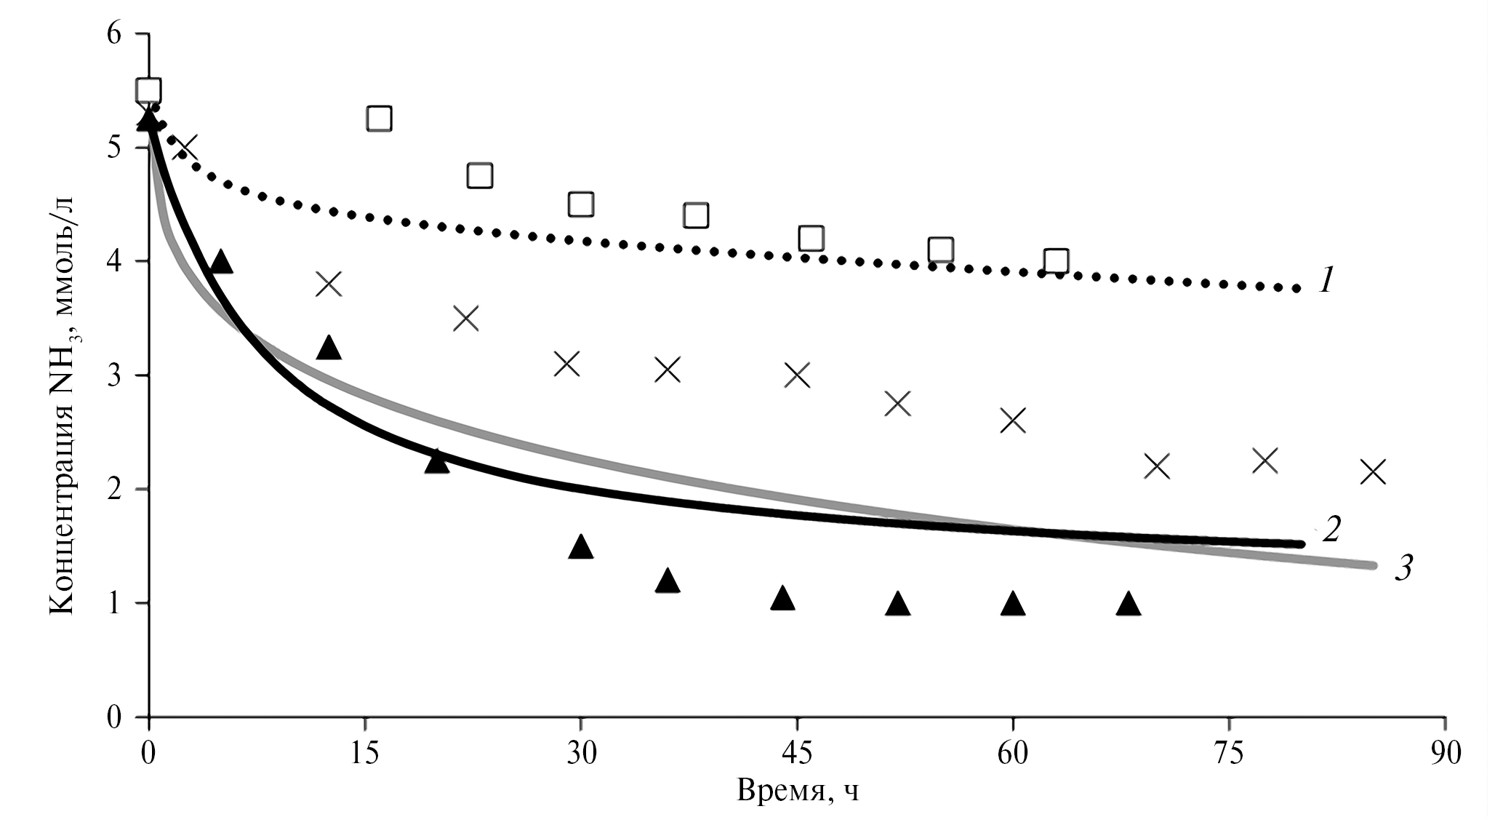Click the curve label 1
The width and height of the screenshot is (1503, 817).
pyautogui.click(x=1326, y=280)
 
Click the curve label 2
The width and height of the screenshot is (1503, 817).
pyautogui.click(x=1331, y=529)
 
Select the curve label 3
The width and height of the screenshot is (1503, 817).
pyautogui.click(x=1403, y=568)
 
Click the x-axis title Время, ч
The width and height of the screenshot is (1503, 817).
pyautogui.click(x=798, y=790)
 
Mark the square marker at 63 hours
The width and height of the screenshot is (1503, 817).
pyautogui.click(x=1056, y=260)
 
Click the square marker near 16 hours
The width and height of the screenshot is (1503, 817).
pyautogui.click(x=379, y=118)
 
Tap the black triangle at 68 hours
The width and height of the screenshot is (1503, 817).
pyautogui.click(x=1128, y=603)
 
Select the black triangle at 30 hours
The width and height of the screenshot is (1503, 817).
pyautogui.click(x=580, y=546)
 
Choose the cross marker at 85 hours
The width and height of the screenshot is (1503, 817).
pyautogui.click(x=1373, y=471)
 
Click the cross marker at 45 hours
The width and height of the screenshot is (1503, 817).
pyautogui.click(x=798, y=375)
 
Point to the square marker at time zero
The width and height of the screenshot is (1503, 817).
pyautogui.click(x=149, y=90)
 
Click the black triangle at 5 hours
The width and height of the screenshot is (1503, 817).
pyautogui.click(x=221, y=261)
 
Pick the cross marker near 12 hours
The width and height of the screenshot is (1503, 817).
pyautogui.click(x=329, y=284)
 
